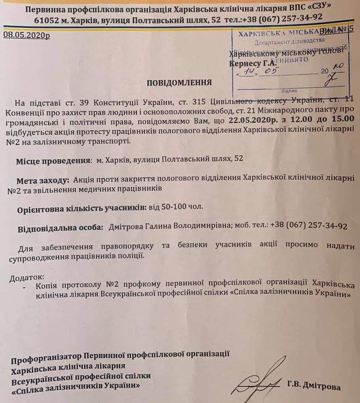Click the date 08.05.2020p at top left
point(26,35)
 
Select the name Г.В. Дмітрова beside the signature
point(314,387)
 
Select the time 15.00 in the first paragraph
point(343,120)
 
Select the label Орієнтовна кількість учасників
point(81,207)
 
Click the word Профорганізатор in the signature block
point(46,359)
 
